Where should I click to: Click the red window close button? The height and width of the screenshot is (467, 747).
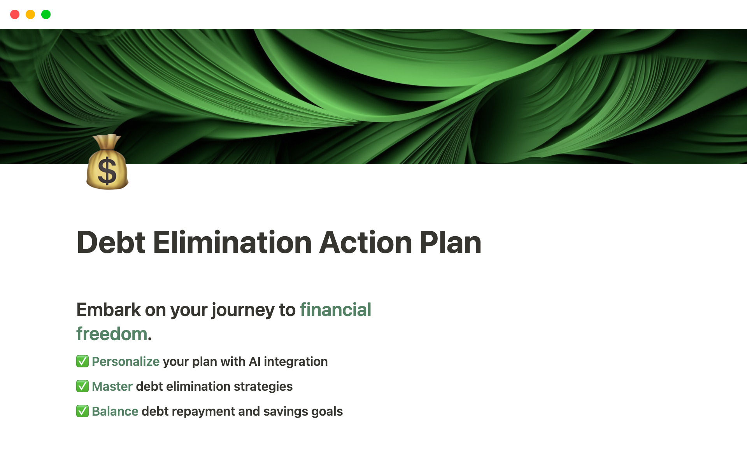click(x=15, y=14)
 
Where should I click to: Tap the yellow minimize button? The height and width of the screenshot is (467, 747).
click(x=30, y=14)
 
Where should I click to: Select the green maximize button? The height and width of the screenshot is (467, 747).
click(x=46, y=14)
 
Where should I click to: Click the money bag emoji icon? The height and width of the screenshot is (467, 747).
click(x=107, y=162)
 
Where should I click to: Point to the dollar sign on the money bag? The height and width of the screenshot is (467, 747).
click(x=107, y=171)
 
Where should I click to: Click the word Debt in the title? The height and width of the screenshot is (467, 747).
click(x=111, y=242)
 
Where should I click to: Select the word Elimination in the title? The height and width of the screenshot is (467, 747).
click(x=232, y=242)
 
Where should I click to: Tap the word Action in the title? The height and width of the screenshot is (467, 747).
click(x=366, y=242)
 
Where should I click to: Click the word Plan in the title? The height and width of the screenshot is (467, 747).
click(x=451, y=242)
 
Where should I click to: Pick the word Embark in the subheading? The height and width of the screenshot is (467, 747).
click(x=109, y=310)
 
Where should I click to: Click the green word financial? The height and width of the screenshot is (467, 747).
click(x=335, y=310)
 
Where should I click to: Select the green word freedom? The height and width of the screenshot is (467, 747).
click(x=112, y=334)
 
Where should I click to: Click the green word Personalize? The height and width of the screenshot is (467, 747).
click(x=126, y=362)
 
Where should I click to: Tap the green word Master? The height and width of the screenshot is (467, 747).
click(x=112, y=386)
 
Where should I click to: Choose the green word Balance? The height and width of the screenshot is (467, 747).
click(x=115, y=411)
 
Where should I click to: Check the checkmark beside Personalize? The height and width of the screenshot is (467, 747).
click(x=82, y=361)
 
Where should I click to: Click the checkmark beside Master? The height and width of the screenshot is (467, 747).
click(x=82, y=386)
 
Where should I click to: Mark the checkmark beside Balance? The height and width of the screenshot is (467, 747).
click(x=82, y=411)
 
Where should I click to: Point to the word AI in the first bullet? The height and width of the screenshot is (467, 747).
click(x=255, y=362)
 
